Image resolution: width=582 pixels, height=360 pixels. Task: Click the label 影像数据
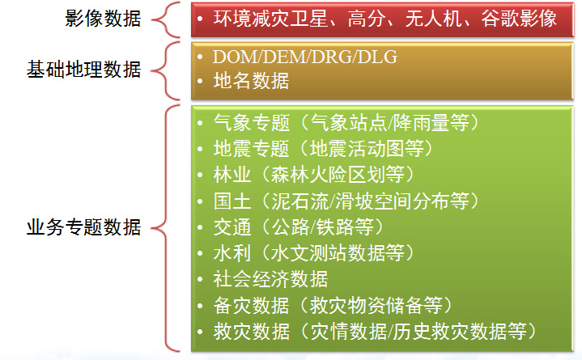click(103, 19)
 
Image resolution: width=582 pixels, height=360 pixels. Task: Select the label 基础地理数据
click(84, 70)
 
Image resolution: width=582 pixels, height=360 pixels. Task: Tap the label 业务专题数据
click(84, 227)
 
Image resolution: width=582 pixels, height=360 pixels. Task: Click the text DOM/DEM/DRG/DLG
click(304, 57)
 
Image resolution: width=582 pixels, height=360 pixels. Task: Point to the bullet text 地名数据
click(251, 81)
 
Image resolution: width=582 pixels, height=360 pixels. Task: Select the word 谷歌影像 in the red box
click(519, 19)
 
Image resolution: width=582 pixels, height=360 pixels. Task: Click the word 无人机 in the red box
click(433, 19)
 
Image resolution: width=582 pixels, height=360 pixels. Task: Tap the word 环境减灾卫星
click(270, 19)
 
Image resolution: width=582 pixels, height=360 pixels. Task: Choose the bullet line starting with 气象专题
click(346, 122)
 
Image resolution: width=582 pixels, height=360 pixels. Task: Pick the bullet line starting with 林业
click(314, 175)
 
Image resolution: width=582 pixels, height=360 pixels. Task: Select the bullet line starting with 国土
click(346, 201)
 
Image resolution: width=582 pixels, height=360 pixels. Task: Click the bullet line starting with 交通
click(299, 227)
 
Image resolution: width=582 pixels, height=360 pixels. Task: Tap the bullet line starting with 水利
click(314, 252)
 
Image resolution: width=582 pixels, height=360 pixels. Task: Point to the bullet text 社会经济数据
click(270, 279)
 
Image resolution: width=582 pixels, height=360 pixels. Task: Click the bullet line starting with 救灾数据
click(376, 331)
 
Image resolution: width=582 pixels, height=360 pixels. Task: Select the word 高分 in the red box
click(366, 19)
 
